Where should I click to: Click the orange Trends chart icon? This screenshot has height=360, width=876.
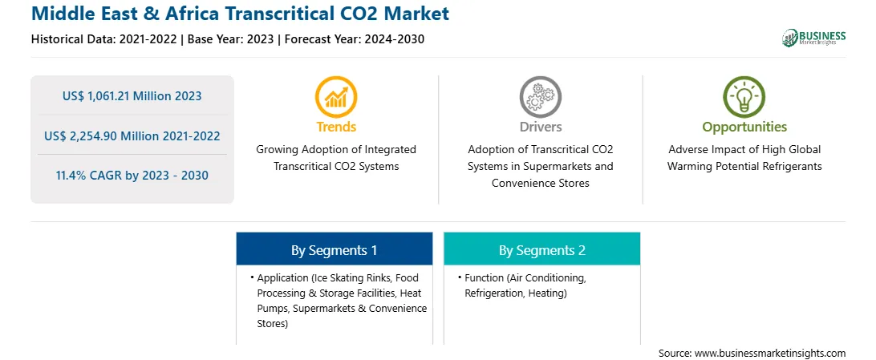pos(336,96)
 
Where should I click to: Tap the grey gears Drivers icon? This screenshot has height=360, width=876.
pos(540,96)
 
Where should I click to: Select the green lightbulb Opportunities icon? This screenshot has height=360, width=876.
pos(744,96)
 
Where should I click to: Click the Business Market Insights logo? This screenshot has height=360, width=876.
pos(814,38)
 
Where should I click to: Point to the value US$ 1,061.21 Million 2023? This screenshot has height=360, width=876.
pos(132,96)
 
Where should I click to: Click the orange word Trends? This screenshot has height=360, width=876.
pos(336,127)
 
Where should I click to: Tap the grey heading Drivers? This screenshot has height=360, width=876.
pos(540,127)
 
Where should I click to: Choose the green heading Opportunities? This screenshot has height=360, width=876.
pos(744,127)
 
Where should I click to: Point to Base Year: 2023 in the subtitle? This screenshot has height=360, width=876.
pos(231,39)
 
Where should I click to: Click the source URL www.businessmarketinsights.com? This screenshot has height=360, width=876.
pos(770,354)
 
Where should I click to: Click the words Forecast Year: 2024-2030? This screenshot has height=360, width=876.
pos(354,39)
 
